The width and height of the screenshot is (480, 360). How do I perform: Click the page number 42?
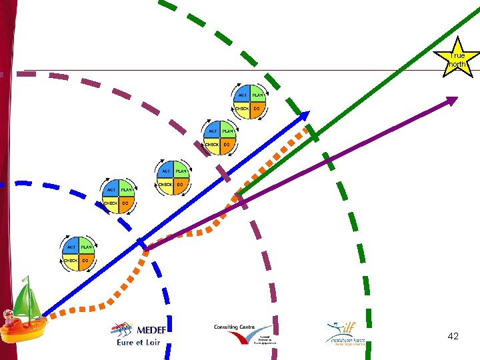point(453,337)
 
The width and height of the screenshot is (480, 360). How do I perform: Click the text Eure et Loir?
point(138,343)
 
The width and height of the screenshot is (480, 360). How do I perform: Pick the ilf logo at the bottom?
point(345,333)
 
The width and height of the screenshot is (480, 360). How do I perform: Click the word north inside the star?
point(457,65)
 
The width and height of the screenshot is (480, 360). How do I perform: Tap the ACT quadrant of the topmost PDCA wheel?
point(243,95)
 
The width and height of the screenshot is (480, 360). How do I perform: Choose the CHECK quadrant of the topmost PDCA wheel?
point(241,108)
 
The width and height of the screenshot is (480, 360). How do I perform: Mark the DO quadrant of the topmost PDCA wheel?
point(257,108)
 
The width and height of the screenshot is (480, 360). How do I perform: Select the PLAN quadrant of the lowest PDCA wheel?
point(86,247)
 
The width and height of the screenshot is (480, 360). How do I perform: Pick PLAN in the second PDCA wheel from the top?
point(228,131)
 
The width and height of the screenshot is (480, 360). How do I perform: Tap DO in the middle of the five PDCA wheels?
point(180,184)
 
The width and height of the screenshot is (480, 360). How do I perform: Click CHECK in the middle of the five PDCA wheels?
point(165,184)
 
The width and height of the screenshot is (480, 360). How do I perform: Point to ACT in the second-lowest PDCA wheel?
point(111,190)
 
